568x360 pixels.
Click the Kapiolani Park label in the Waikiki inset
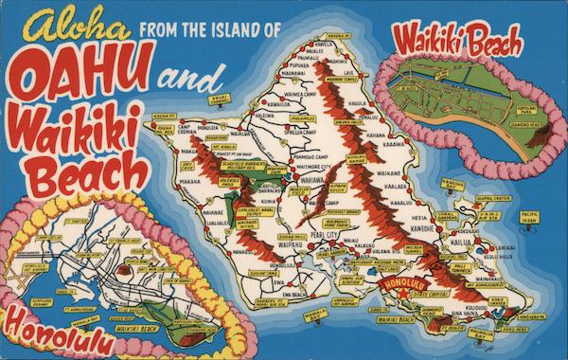click(x=539, y=111)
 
